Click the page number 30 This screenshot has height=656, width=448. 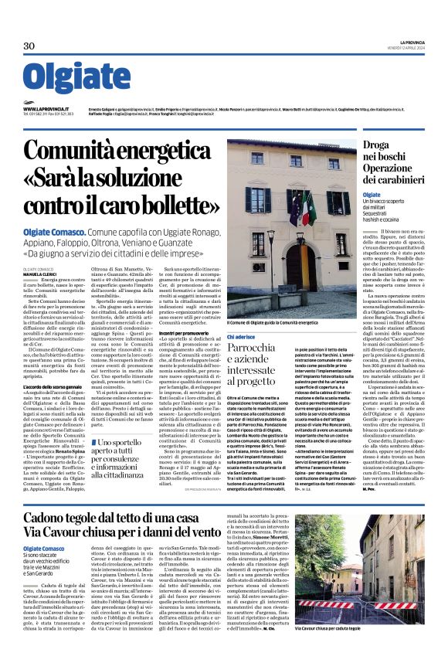point(29,47)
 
